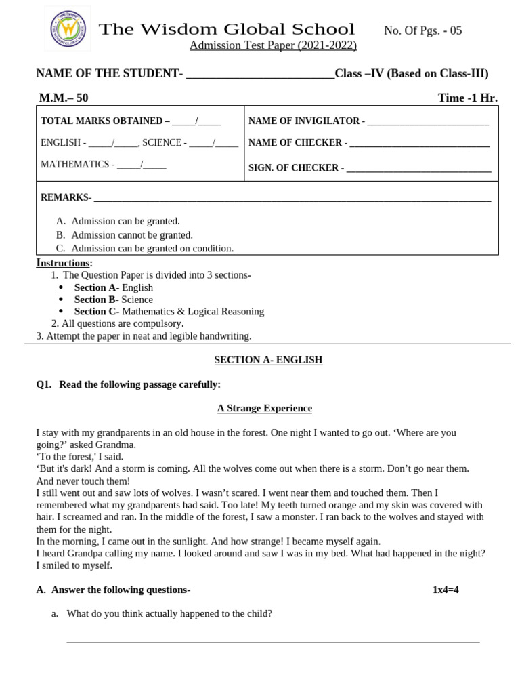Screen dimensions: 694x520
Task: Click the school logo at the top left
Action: [x=68, y=28]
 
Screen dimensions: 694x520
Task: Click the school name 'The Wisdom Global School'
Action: [x=227, y=29]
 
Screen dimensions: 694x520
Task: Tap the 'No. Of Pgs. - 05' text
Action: [x=422, y=30]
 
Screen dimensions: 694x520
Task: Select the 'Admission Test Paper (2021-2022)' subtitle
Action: [x=272, y=45]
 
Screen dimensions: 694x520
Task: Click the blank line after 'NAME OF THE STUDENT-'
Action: [x=260, y=75]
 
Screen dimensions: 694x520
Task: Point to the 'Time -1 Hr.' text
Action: [x=467, y=98]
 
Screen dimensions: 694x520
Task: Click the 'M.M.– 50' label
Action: [x=64, y=98]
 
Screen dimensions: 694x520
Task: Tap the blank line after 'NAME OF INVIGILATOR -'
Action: [x=428, y=122]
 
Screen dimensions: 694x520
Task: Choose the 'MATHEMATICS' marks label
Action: [x=74, y=165]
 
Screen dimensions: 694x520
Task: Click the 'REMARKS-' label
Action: [x=65, y=197]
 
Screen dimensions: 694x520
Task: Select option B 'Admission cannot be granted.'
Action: [x=131, y=235]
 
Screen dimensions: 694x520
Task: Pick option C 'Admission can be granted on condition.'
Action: [x=152, y=249]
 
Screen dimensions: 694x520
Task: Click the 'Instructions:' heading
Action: [x=64, y=263]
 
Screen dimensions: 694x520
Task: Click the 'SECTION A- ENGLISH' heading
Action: [x=268, y=360]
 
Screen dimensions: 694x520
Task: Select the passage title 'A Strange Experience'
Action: [x=264, y=408]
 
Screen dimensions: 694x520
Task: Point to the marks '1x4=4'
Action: [x=446, y=590]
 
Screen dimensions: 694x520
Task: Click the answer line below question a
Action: [x=273, y=640]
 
